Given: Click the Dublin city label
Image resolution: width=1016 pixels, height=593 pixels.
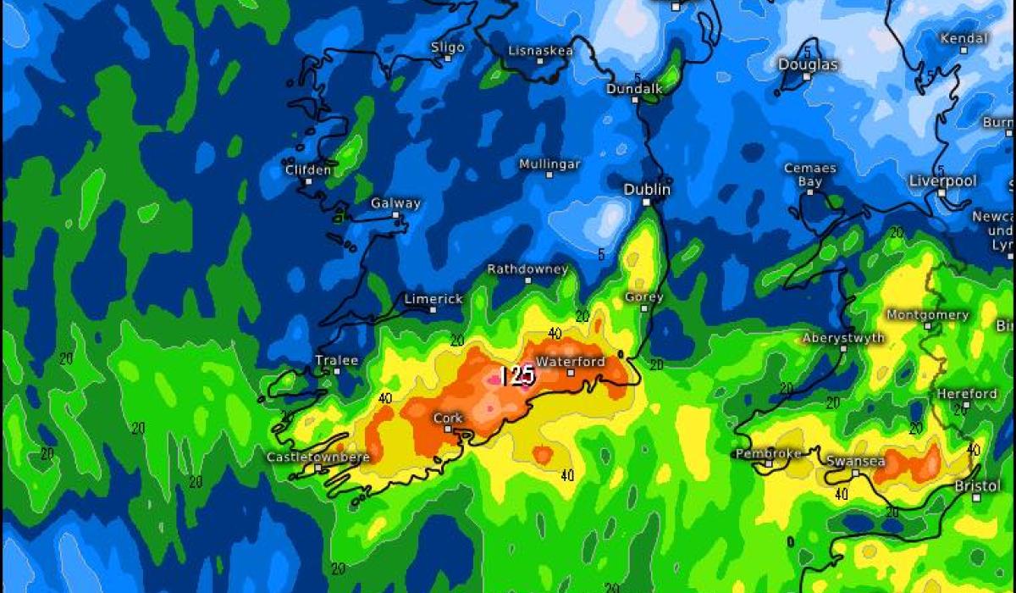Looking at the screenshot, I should coord(647,190).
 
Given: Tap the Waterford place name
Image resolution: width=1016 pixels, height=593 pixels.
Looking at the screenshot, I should coord(571,362).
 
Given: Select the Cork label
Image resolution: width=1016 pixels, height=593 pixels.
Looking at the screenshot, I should coord(447,418).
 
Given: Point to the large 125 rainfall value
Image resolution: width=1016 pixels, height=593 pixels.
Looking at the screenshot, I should coord(516,375).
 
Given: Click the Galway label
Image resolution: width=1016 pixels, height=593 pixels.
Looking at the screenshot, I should coord(395,203).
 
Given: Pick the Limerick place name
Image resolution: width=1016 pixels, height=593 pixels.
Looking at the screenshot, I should coord(433,299).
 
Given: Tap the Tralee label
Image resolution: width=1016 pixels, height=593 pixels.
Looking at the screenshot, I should coord(336,360).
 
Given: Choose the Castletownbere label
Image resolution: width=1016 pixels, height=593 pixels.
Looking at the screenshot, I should coord(318,457).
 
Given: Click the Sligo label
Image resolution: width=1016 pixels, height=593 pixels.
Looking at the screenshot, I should coord(447,47).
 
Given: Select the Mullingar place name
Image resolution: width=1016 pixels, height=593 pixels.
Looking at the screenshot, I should coord(549,163).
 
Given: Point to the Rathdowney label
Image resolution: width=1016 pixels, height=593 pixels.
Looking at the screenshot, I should coord(527,269).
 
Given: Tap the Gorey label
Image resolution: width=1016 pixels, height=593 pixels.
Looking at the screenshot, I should coord(643,297).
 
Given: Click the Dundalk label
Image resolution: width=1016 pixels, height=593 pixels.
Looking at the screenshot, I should coord(634,88).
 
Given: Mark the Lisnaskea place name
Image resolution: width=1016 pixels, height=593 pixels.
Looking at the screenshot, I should coord(540,51).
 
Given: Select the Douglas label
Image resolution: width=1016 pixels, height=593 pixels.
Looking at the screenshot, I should coord(808,64).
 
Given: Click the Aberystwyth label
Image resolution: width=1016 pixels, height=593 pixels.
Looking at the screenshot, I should coord(843,338).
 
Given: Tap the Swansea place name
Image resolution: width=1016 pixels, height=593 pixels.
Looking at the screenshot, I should coord(855,462).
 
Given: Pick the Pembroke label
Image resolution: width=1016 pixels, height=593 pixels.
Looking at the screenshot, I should coord(768,454).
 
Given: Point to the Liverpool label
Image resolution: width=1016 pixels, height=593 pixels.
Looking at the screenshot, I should coord(942,180).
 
